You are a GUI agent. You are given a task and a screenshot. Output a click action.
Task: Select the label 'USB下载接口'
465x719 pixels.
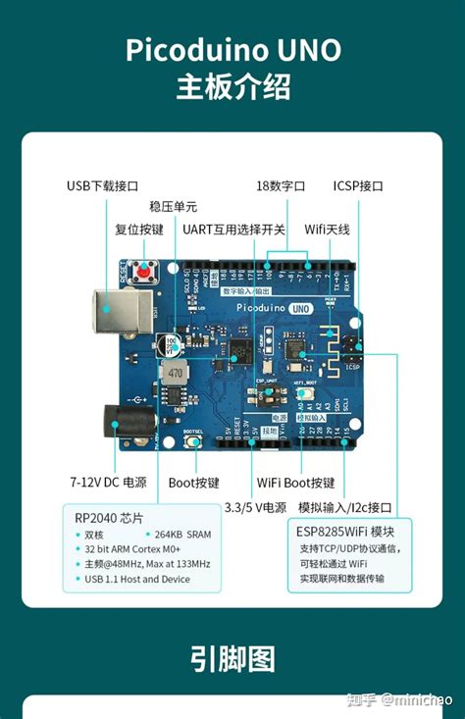(x=102, y=185)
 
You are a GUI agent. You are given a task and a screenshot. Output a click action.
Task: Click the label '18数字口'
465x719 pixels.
(x=281, y=185)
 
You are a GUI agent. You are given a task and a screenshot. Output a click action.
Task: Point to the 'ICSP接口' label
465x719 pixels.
(x=358, y=185)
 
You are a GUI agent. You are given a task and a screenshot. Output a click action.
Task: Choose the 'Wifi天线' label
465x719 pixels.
(x=327, y=230)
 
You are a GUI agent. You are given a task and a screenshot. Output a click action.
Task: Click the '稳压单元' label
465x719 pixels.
(x=173, y=207)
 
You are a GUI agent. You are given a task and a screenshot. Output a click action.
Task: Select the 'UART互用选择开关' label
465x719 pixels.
(x=233, y=230)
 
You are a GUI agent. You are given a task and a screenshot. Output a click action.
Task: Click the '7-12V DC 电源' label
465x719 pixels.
(x=108, y=483)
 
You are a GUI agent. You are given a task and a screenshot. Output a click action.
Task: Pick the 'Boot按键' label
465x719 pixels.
(x=194, y=483)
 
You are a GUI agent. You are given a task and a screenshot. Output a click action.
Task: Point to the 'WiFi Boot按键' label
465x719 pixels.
(x=295, y=483)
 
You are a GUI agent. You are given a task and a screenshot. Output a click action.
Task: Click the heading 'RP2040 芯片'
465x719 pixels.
(x=109, y=517)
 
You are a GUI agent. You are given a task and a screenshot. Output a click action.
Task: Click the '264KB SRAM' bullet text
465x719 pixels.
(x=182, y=535)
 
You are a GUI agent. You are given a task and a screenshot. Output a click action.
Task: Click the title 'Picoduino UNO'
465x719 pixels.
(x=232, y=50)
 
